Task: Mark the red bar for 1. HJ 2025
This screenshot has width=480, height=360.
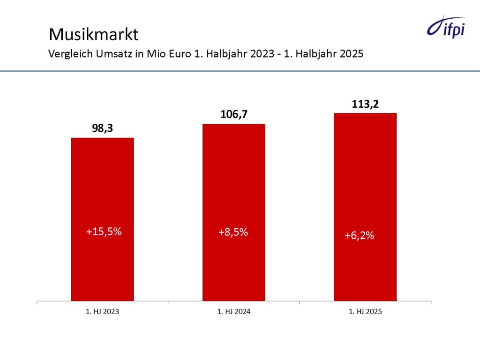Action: (x=365, y=187)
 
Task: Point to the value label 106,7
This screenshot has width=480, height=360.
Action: (x=233, y=114)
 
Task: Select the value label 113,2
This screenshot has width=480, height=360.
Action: (x=365, y=104)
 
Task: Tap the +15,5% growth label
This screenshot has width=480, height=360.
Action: (x=104, y=232)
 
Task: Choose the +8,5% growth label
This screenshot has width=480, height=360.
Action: (x=233, y=232)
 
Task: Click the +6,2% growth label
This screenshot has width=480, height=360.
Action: (x=359, y=236)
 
